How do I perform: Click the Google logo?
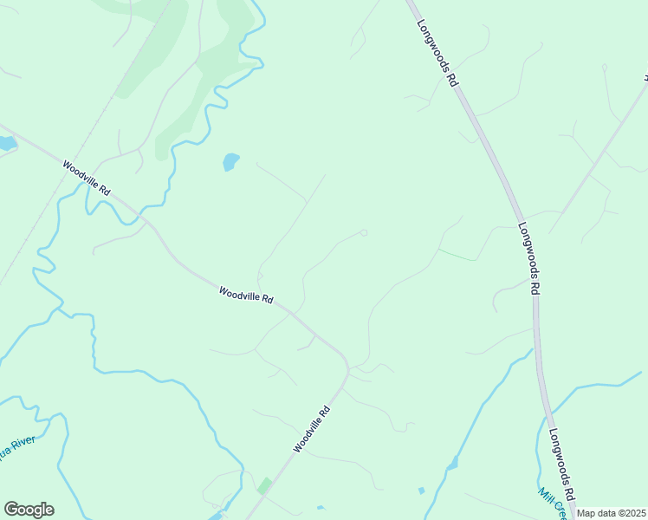[x=29, y=510]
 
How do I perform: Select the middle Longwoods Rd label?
[x=529, y=258]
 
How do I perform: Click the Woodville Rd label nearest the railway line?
[x=87, y=176]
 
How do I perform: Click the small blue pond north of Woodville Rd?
[x=230, y=161]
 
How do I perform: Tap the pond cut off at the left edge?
[x=6, y=144]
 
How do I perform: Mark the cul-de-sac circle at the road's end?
[x=364, y=232]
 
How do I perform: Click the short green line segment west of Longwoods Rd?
[x=457, y=255]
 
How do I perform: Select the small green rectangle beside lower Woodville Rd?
[x=263, y=486]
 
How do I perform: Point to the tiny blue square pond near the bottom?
[x=421, y=491]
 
